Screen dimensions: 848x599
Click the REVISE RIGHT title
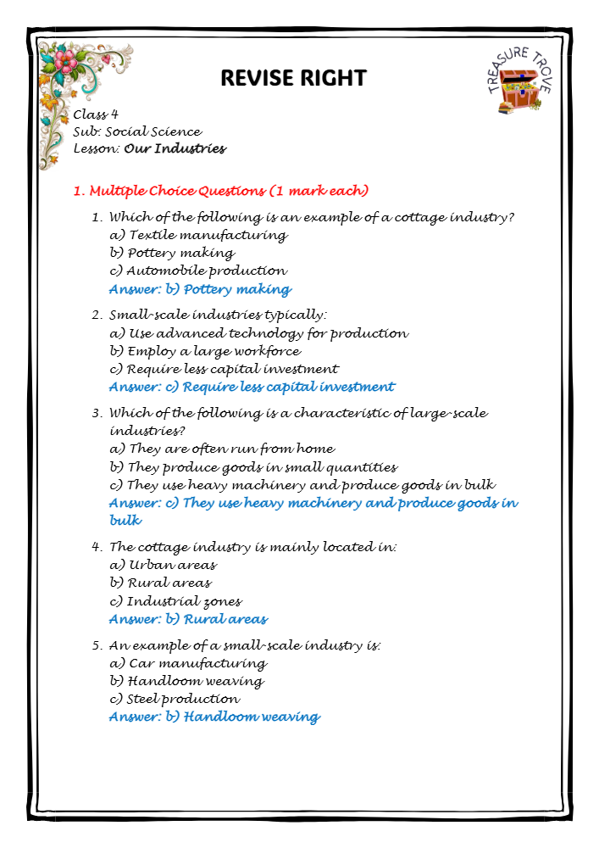click(x=293, y=79)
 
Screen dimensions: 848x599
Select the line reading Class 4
click(x=95, y=114)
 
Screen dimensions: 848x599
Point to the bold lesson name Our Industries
click(x=175, y=149)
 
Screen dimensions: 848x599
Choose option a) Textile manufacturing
click(x=199, y=235)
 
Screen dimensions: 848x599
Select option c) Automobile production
click(x=198, y=271)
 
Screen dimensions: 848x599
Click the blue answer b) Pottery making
click(x=200, y=290)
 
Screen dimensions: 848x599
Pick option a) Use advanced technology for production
click(x=259, y=333)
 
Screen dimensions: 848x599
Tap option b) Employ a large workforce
click(x=206, y=351)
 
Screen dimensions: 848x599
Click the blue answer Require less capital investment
click(x=252, y=388)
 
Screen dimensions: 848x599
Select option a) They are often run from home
click(x=223, y=449)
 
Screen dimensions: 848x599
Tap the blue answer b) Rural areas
click(x=188, y=620)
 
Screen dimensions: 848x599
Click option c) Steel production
click(x=175, y=700)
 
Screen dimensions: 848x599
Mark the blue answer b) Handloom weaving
click(x=214, y=717)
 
